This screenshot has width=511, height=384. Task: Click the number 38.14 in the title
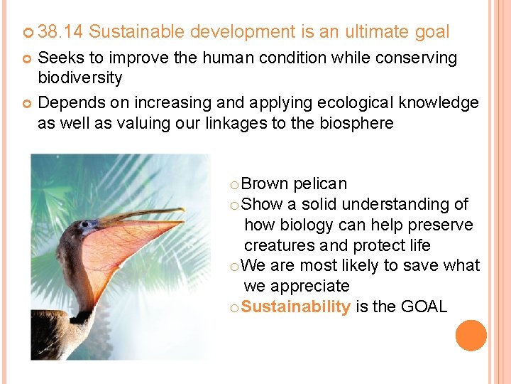pyautogui.click(x=60, y=32)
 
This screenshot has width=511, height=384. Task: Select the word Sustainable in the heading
pyautogui.click(x=136, y=32)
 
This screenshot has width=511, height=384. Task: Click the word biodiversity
pyautogui.click(x=80, y=77)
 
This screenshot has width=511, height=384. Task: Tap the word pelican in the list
pyautogui.click(x=320, y=183)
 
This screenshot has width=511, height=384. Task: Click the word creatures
pyautogui.click(x=280, y=245)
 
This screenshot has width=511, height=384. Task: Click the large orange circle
pyautogui.click(x=471, y=335)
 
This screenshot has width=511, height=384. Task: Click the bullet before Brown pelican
pyautogui.click(x=235, y=185)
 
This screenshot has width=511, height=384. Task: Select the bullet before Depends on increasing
pyautogui.click(x=28, y=103)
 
